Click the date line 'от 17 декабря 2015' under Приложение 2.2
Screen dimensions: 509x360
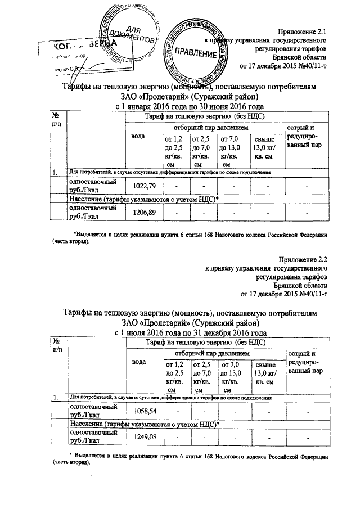(x=283, y=294)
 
